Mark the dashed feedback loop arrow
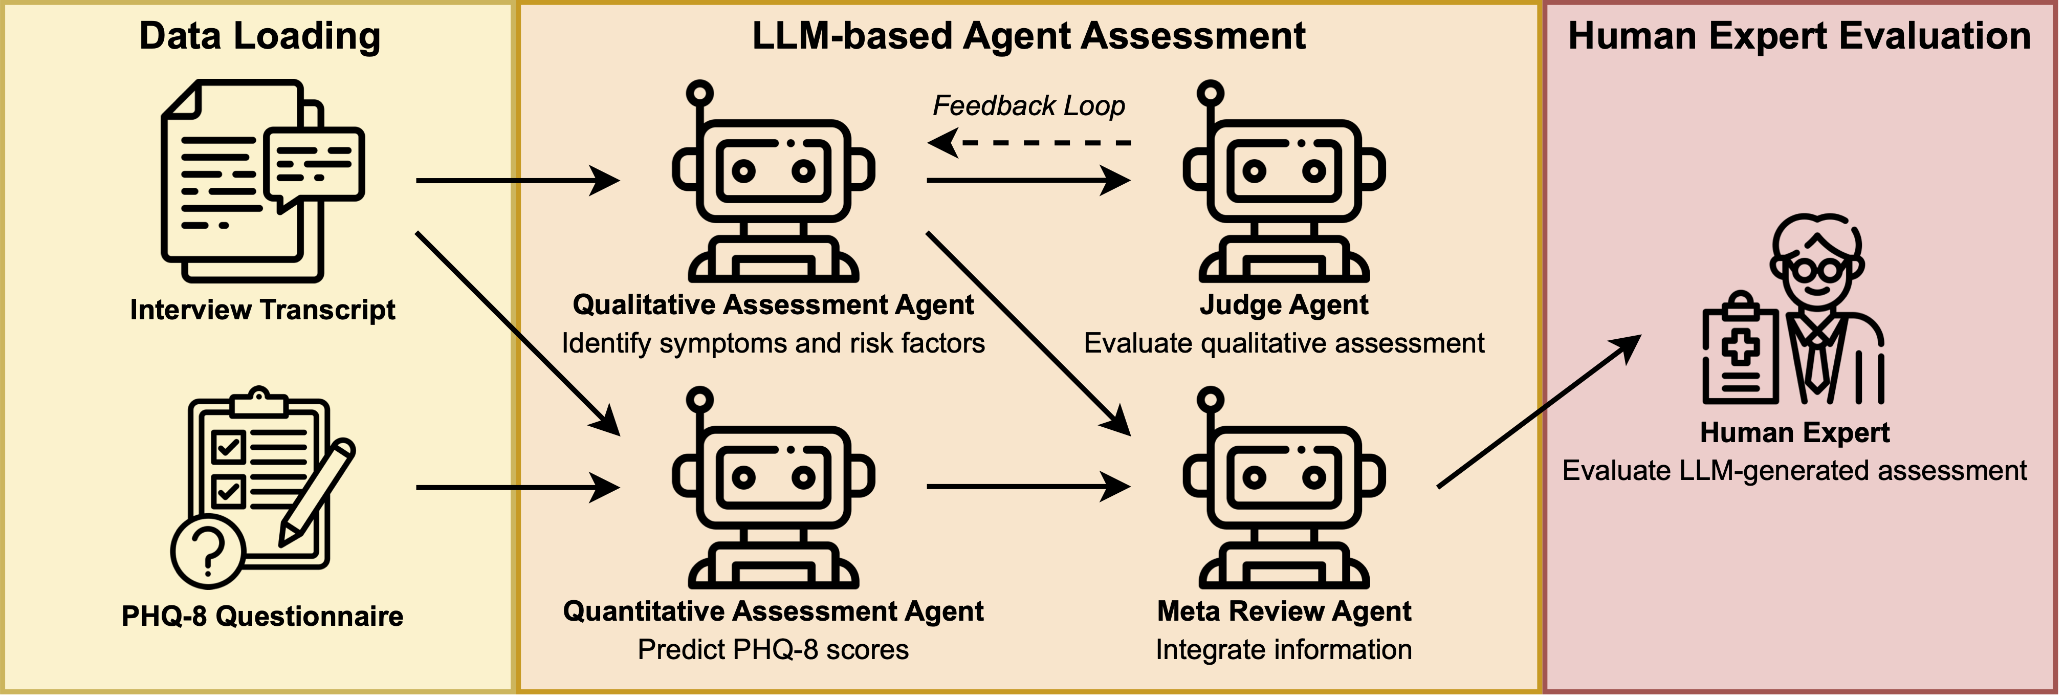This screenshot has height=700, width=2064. tap(1029, 143)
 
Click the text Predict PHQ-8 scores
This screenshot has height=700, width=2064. tap(773, 649)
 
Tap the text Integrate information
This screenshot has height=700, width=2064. tap(1284, 649)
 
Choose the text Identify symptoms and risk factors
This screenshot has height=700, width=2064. tap(773, 343)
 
